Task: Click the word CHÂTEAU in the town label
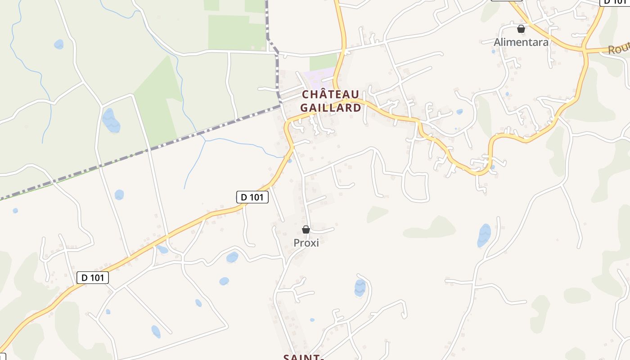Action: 330,94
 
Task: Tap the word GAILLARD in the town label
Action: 330,108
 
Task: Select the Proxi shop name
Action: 306,243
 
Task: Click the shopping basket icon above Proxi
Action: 306,229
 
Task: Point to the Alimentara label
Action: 521,42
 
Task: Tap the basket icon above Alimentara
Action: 521,29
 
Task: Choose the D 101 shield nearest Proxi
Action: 252,197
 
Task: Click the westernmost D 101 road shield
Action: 92,278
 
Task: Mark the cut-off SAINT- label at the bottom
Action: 304,356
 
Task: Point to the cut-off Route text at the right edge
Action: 619,48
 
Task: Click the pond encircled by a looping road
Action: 360,288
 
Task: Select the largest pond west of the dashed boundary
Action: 111,121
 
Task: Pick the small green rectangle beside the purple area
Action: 323,62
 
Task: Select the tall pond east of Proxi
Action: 484,235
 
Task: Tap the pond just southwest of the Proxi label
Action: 232,257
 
